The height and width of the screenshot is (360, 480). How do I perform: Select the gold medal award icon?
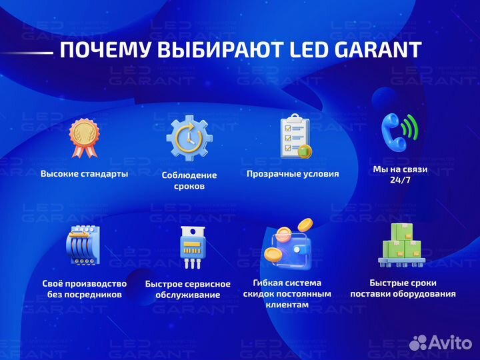click(84, 137)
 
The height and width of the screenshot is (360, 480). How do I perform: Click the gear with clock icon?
click(189, 138)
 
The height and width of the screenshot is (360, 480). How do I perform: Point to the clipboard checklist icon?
click(294, 137)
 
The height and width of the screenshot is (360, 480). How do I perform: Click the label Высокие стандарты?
click(84, 173)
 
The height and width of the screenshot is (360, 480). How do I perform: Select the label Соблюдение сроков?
click(189, 181)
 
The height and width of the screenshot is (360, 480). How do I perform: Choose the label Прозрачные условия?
click(293, 173)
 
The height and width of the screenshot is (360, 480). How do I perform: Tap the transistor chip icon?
click(189, 247)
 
